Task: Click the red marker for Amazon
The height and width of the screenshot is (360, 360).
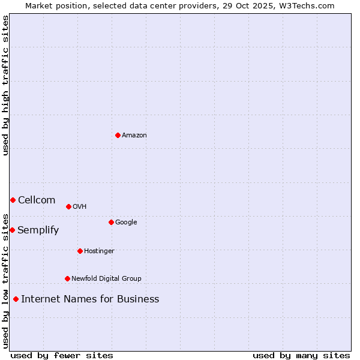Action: [118, 135]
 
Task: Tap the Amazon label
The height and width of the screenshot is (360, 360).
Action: [134, 135]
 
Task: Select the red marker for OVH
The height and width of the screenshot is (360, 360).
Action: [68, 206]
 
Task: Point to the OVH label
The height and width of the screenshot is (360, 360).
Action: [79, 206]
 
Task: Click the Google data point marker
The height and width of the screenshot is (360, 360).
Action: [111, 222]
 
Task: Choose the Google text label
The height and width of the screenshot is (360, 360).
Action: [126, 222]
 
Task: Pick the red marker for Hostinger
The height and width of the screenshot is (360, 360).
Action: [80, 251]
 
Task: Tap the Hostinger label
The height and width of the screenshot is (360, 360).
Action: [99, 251]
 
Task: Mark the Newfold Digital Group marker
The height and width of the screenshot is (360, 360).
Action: [67, 278]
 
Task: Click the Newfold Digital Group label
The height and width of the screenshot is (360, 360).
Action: [106, 278]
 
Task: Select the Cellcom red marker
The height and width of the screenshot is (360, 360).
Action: [13, 200]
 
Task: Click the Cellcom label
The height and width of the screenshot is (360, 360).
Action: [37, 200]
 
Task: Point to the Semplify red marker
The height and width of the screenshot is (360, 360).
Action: [12, 230]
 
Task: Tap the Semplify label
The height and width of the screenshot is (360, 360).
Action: [38, 230]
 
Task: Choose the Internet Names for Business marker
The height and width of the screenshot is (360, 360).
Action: [16, 299]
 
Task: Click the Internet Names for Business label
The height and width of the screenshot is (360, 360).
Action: [90, 299]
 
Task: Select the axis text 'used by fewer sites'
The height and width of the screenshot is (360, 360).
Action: [62, 355]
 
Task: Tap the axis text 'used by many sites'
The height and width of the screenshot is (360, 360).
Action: [301, 355]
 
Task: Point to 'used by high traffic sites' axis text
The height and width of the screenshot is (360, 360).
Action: [5, 85]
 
